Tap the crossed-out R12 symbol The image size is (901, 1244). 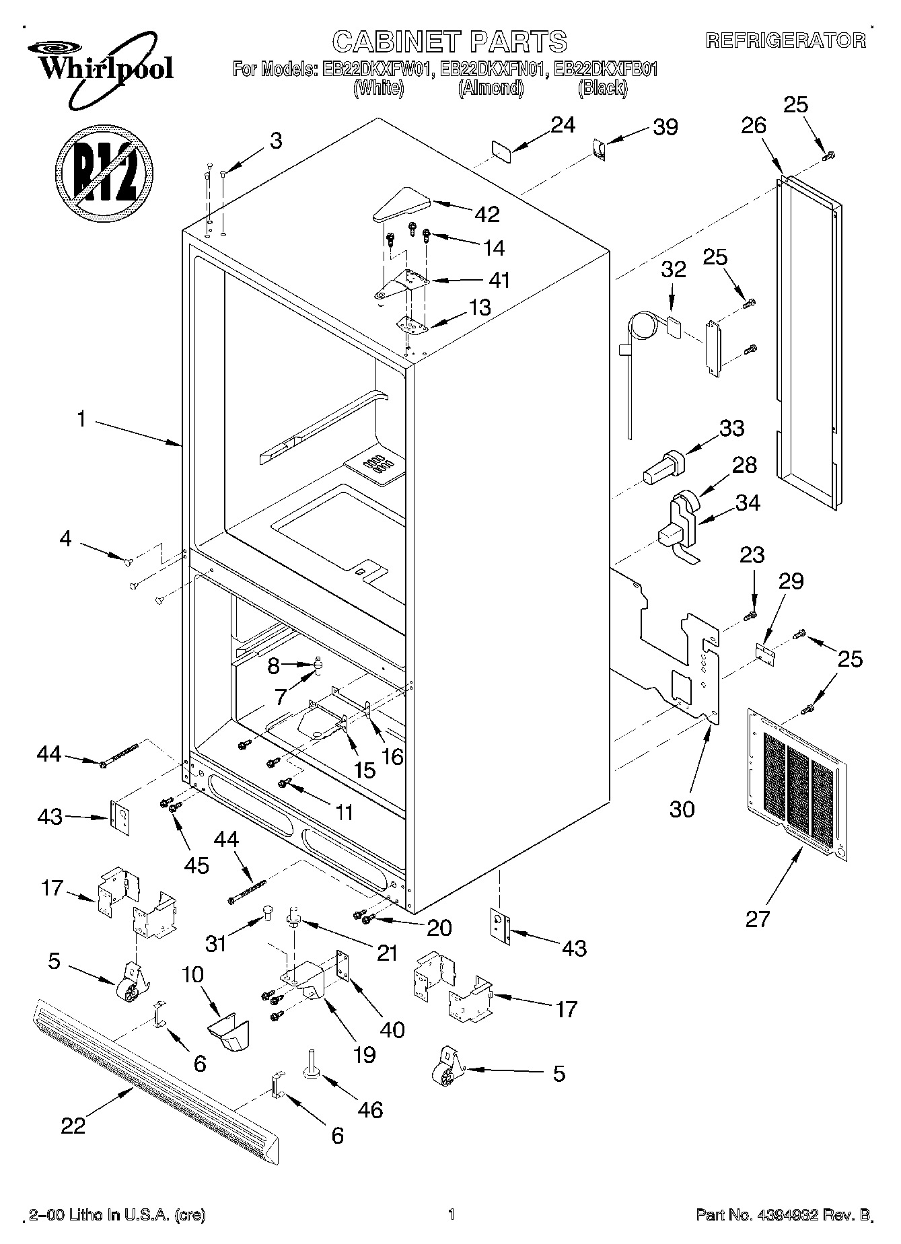(104, 172)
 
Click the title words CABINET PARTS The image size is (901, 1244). (449, 42)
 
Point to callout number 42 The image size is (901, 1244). (487, 214)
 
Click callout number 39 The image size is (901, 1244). (665, 127)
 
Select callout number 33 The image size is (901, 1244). (731, 428)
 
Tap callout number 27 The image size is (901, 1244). (757, 918)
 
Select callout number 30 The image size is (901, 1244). (682, 808)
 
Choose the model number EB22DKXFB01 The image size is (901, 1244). (603, 69)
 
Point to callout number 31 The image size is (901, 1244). (215, 943)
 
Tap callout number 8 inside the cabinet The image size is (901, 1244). (273, 666)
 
